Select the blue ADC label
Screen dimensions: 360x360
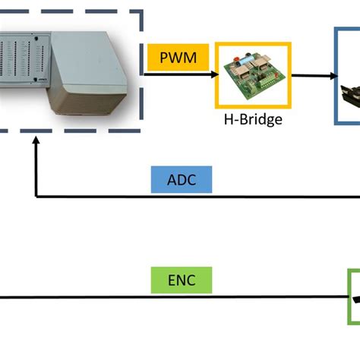pyautogui.click(x=182, y=179)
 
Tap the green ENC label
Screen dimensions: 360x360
pyautogui.click(x=182, y=280)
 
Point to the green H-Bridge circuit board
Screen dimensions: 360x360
pyautogui.click(x=254, y=74)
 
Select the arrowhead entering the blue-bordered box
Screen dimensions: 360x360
pyautogui.click(x=331, y=76)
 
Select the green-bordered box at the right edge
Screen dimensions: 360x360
pyautogui.click(x=353, y=298)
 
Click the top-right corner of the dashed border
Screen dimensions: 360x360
pyautogui.click(x=141, y=11)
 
